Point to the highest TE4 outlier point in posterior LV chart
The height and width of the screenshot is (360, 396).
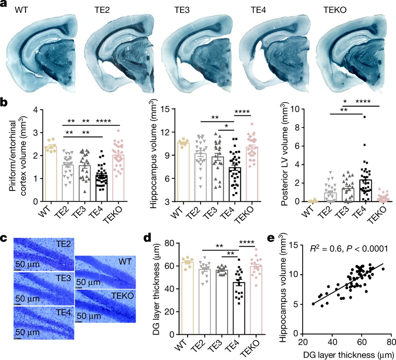click(x=364, y=117)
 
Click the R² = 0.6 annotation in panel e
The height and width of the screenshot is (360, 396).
click(x=328, y=247)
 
